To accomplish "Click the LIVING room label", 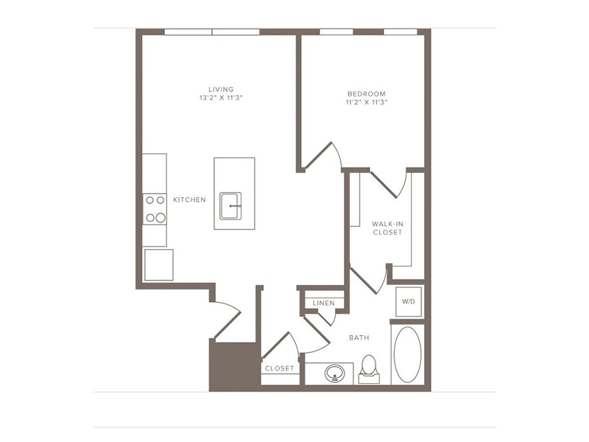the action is point(221,89).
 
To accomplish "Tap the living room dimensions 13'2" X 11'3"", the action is point(221,98).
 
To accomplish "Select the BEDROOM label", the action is point(366,94).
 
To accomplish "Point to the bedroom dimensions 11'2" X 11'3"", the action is point(366,102).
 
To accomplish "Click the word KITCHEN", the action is point(189,200).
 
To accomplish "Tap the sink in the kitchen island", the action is point(230,206).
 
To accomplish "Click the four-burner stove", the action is point(155,209).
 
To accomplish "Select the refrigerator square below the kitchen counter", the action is point(159,264).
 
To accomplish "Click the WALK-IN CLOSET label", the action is point(388,228).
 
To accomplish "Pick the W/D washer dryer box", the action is point(409,301).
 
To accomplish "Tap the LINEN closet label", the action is point(323,303).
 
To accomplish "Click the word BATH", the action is point(359,337).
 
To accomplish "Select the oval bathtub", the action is point(407,354).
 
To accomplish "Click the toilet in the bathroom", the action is point(369,369).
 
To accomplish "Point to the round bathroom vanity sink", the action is point(335,373).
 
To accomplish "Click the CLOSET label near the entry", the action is point(280,368).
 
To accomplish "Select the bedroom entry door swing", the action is point(323,155).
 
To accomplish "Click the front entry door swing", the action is point(227,320).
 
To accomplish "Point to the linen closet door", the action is point(325,318).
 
